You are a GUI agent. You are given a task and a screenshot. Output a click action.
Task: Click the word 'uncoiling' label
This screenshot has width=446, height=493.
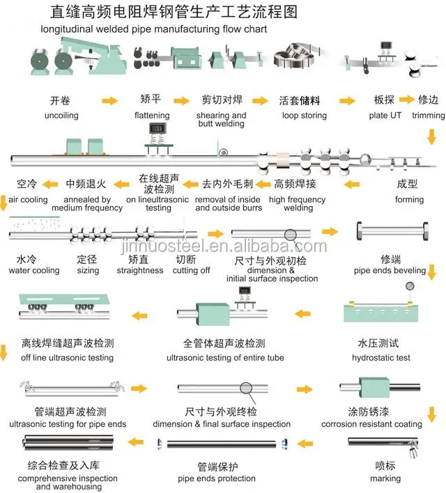click(61, 115)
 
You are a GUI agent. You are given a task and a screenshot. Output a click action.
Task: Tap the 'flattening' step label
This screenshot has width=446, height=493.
click(151, 115)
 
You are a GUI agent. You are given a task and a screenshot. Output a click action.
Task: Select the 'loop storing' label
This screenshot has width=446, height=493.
click(304, 115)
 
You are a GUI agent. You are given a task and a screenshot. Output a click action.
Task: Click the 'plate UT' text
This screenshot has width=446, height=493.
click(385, 115)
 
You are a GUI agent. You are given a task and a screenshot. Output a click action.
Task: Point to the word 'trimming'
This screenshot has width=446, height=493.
click(429, 115)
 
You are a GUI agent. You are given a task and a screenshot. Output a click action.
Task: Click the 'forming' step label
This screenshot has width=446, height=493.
click(409, 199)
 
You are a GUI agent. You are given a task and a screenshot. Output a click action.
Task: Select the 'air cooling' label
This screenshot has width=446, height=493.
click(29, 199)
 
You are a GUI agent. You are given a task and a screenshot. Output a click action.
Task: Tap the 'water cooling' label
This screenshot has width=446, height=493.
click(34, 270)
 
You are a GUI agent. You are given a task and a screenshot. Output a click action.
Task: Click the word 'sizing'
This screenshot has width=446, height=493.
click(88, 270)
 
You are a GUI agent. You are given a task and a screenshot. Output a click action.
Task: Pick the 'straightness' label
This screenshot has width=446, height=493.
click(140, 270)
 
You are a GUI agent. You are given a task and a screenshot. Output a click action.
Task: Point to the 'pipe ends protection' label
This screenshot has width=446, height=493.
click(217, 479)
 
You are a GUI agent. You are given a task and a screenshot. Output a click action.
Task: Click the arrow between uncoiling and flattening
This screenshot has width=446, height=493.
click(109, 101)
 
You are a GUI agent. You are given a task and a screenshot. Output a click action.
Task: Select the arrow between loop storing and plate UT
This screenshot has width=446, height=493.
click(344, 101)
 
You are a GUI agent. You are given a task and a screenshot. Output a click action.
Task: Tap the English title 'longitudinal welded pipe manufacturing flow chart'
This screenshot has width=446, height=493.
click(154, 30)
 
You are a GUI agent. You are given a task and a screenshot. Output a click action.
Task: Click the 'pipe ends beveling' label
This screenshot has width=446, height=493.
click(390, 270)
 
